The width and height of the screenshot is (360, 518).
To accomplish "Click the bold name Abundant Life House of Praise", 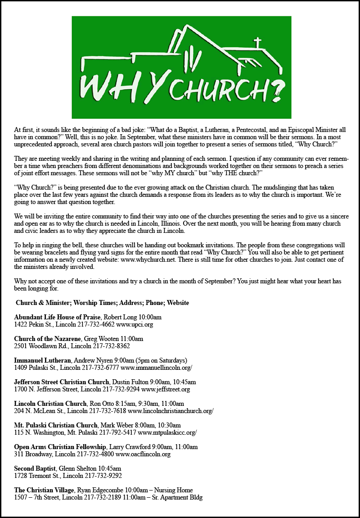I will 57,317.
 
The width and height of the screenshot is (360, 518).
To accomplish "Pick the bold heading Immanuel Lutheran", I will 42,361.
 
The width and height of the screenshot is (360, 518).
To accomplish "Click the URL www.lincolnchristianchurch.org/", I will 171,411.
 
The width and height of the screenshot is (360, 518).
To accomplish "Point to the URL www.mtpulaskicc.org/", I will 167,433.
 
